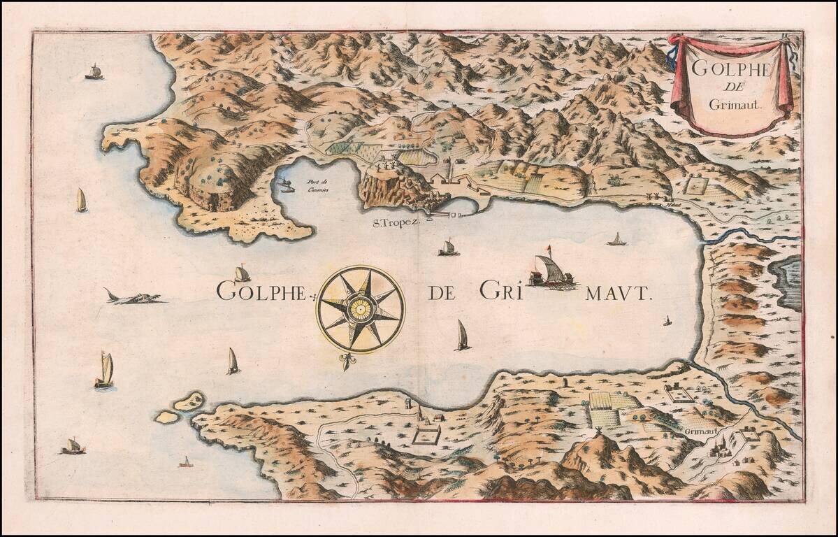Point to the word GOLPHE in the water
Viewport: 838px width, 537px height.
pyautogui.click(x=260, y=291)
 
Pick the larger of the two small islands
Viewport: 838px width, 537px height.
pyautogui.click(x=189, y=401)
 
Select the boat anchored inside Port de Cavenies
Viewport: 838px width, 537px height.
pyautogui.click(x=285, y=186)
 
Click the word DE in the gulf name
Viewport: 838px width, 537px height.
pyautogui.click(x=442, y=292)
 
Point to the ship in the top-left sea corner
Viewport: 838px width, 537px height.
pyautogui.click(x=94, y=71)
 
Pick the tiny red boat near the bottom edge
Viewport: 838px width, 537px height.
pyautogui.click(x=185, y=462)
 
